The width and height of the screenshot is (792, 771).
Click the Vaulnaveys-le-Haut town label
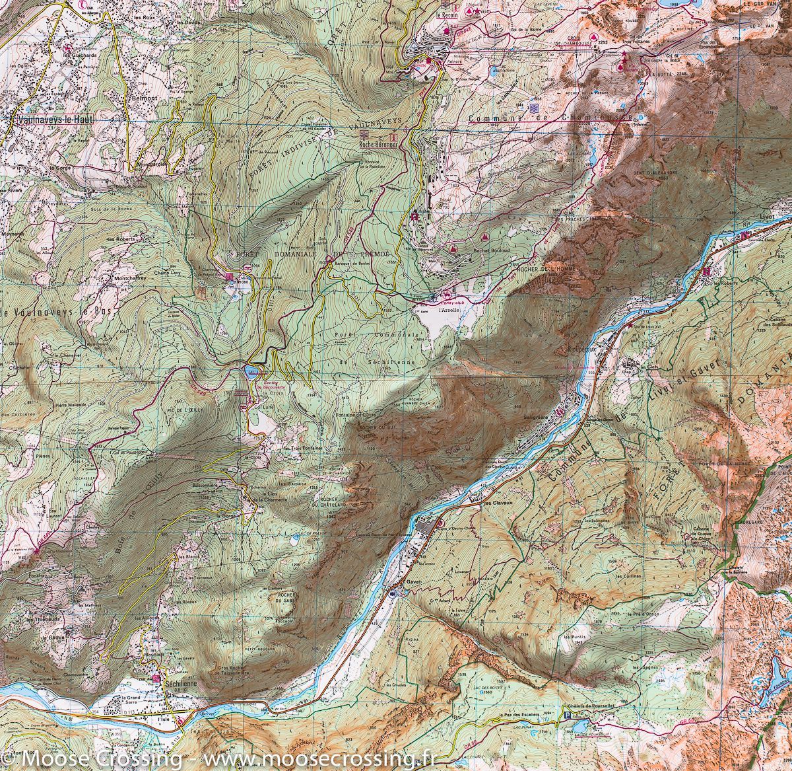coord(53,121)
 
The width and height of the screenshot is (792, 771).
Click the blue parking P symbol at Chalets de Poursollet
coord(568,715)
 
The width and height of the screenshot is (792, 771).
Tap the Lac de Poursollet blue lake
coord(584,730)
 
